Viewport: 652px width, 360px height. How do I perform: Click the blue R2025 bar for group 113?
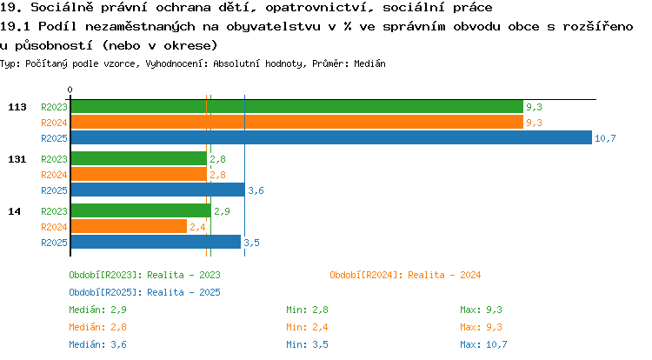[x=331, y=137]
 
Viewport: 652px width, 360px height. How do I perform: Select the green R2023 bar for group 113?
[x=297, y=106]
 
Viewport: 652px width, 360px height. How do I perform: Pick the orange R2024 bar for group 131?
[x=139, y=175]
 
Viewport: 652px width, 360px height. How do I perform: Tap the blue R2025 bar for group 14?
[x=156, y=242]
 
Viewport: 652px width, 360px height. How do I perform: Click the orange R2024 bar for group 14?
[x=129, y=227]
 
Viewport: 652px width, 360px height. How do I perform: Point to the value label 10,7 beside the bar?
[x=605, y=138]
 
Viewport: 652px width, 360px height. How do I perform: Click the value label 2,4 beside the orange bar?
[x=197, y=227]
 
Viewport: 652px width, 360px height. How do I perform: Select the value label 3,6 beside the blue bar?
[x=256, y=190]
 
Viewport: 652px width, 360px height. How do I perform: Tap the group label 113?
[x=17, y=107]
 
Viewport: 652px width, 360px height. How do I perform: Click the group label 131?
[x=17, y=159]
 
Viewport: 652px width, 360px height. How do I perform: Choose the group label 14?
[x=14, y=211]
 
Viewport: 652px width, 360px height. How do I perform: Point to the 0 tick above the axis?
[x=70, y=90]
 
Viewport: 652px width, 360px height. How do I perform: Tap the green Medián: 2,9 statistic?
[x=97, y=310]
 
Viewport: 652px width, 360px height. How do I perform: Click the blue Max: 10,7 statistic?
[x=483, y=344]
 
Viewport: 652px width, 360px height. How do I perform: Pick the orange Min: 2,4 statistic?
[x=307, y=328]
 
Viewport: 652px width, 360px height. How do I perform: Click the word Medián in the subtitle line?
[x=369, y=63]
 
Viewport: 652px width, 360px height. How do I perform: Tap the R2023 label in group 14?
[x=54, y=211]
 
